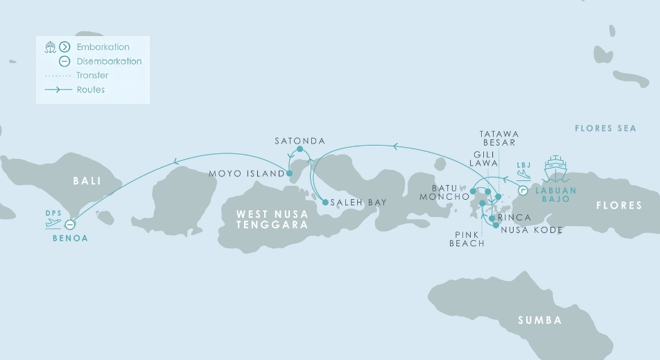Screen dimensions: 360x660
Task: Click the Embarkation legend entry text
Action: click(x=103, y=47)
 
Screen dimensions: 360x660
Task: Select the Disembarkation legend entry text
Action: click(x=109, y=61)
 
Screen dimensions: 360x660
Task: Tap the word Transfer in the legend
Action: click(x=92, y=76)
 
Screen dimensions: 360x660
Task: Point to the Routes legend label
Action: click(x=91, y=89)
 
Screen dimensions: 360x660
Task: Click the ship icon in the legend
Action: click(x=50, y=47)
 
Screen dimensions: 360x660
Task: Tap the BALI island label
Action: click(x=87, y=181)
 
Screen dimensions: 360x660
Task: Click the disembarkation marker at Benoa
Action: click(x=69, y=225)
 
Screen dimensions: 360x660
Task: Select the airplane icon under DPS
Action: click(x=53, y=223)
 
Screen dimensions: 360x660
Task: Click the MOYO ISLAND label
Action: click(x=247, y=173)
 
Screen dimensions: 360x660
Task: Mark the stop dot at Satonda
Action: click(x=299, y=149)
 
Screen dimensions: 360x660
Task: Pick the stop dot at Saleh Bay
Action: click(x=325, y=203)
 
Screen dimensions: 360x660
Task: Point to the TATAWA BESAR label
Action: click(x=498, y=138)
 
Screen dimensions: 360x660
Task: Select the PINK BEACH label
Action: click(x=467, y=239)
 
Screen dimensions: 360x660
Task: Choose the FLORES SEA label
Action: click(x=605, y=128)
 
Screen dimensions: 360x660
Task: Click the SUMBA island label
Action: click(x=540, y=320)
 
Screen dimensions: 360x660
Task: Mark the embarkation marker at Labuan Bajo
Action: click(x=523, y=190)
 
